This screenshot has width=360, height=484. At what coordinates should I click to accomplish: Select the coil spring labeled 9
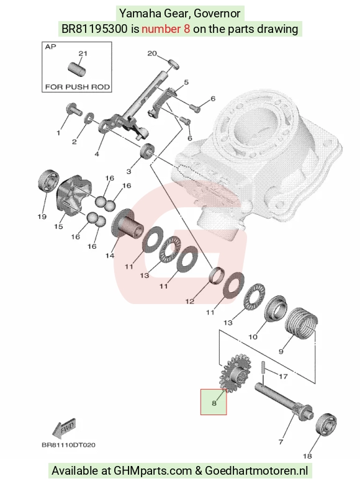click(x=301, y=323)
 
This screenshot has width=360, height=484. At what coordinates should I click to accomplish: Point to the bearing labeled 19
click(x=48, y=181)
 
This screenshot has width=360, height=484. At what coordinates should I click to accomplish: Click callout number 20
click(x=152, y=53)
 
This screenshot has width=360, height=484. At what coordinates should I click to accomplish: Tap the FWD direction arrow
click(x=64, y=428)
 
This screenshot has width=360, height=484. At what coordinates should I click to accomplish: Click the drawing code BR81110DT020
click(x=68, y=445)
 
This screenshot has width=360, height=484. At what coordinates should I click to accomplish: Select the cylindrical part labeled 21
click(x=77, y=69)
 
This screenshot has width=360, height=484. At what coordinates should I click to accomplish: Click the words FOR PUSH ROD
click(x=78, y=87)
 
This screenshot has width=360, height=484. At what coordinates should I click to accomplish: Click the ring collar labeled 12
click(x=217, y=275)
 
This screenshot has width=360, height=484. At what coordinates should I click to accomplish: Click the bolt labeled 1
click(x=74, y=109)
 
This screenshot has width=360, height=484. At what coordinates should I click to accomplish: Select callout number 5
click(x=186, y=83)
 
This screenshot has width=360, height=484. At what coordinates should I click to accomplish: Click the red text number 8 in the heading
click(x=166, y=29)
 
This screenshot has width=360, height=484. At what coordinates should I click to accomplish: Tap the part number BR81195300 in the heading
click(x=94, y=29)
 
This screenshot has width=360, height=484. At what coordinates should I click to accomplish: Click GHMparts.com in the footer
click(x=153, y=471)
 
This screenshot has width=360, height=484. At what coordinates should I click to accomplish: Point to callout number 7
click(x=281, y=442)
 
